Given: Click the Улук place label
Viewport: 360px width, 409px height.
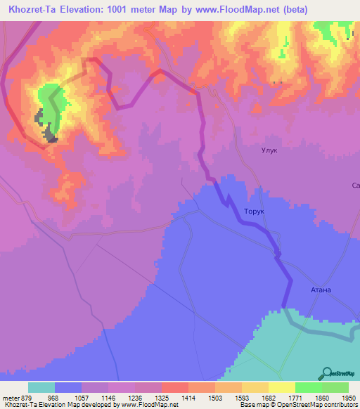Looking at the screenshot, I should [x=269, y=150].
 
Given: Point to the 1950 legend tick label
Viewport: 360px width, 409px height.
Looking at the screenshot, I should [x=348, y=397].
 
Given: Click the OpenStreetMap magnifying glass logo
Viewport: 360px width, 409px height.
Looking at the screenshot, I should [x=326, y=372].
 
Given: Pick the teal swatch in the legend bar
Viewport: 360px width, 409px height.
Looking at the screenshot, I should [x=41, y=387].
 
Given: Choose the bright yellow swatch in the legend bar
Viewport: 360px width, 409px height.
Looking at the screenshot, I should [x=282, y=387].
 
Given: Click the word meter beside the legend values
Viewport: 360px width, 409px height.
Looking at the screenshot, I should [x=10, y=397].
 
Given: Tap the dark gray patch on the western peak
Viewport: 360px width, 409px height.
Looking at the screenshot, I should [x=49, y=132].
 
